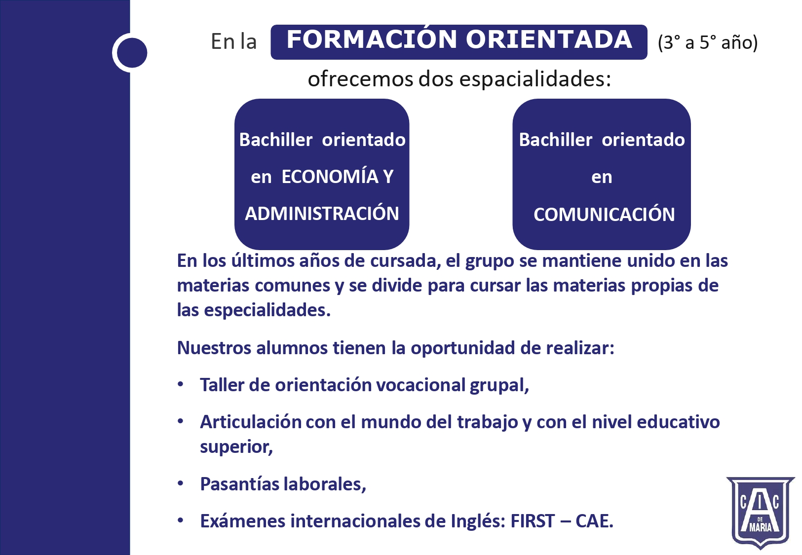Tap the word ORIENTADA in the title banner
[549, 39]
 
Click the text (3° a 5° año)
[708, 42]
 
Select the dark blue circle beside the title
[132, 53]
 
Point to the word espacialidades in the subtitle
[535, 79]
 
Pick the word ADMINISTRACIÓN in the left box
[322, 214]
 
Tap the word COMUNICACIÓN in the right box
[604, 214]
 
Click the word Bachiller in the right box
[555, 140]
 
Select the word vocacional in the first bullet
[420, 385]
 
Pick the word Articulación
[251, 422]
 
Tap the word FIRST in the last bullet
[533, 521]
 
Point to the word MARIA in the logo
[761, 527]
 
